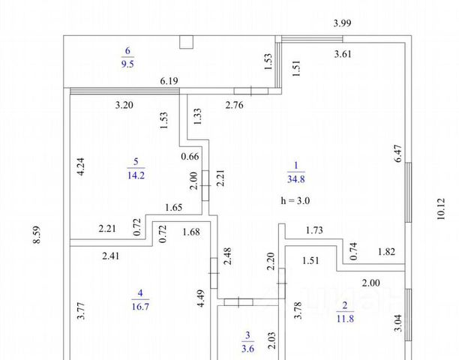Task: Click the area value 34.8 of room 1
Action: (x=296, y=178)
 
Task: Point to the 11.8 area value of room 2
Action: (x=343, y=317)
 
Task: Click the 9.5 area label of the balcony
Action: (x=127, y=64)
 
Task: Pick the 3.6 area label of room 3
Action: (x=247, y=346)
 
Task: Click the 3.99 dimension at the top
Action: (x=341, y=23)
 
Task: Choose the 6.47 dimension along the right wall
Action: (x=398, y=153)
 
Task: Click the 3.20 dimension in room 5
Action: (x=124, y=105)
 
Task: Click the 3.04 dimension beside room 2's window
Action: (x=398, y=322)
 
